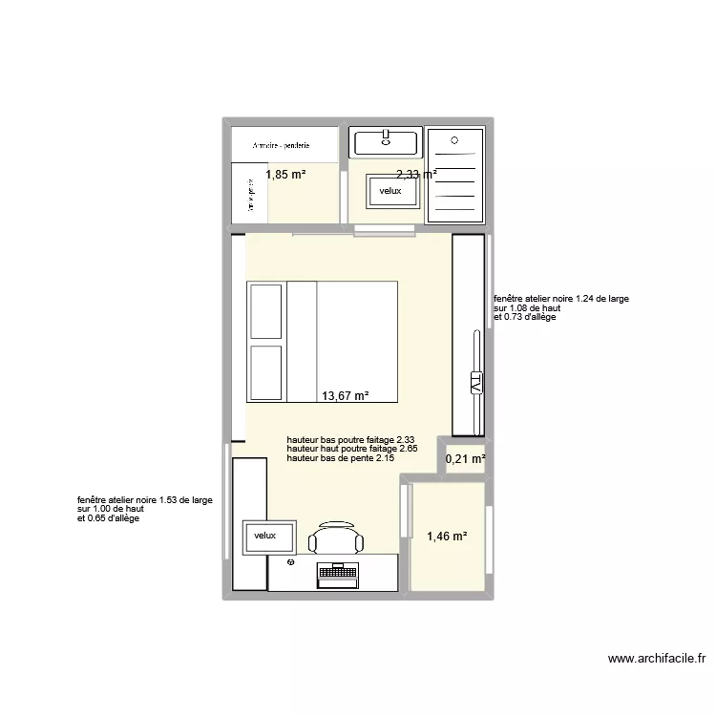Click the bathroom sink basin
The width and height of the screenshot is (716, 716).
click(386, 143)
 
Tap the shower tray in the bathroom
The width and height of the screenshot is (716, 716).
click(454, 175)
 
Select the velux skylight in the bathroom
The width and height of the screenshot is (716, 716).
click(391, 191)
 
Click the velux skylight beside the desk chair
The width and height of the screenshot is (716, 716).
click(264, 536)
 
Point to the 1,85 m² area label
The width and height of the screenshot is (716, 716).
click(285, 175)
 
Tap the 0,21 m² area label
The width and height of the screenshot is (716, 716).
click(466, 459)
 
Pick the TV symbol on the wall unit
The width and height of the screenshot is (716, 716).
click(475, 384)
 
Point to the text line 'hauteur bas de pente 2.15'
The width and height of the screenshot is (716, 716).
click(340, 459)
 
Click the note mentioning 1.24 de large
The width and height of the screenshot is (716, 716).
click(560, 299)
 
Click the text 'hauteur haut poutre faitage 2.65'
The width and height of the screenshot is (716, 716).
click(351, 449)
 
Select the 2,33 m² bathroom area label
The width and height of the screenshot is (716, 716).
click(416, 175)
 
